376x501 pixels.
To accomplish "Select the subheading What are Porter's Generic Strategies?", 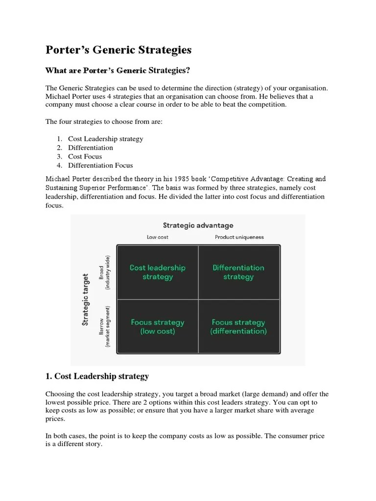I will [117, 71].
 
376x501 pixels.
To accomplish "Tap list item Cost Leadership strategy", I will [106, 139].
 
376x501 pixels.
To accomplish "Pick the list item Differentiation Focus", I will [100, 165].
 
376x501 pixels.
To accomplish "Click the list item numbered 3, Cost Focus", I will [85, 157].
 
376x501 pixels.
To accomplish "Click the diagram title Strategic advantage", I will [198, 226].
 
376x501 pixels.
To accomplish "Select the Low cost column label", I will [158, 237].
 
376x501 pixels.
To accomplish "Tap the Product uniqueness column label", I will [239, 237].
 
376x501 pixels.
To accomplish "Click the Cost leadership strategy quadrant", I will [158, 272].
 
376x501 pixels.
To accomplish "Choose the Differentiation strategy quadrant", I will [238, 272].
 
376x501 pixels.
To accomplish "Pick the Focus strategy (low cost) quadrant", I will [158, 327].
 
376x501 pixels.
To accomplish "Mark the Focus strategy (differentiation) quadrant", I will [238, 327].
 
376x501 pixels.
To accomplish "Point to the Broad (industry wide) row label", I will [105, 272].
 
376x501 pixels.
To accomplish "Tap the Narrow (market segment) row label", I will [105, 327].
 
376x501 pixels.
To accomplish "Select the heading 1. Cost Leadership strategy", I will [97, 376].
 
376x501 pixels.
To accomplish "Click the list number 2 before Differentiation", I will [59, 148].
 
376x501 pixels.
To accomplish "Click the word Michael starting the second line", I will [58, 96].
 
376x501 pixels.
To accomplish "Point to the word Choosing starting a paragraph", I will [60, 394].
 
